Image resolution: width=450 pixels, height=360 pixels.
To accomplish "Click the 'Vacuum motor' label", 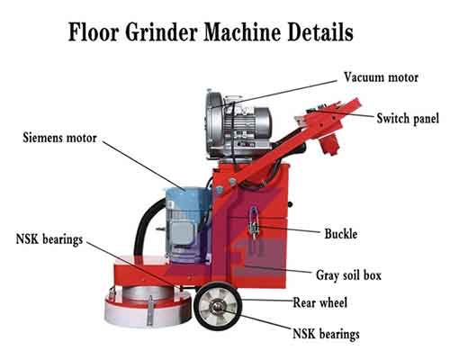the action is (381, 77).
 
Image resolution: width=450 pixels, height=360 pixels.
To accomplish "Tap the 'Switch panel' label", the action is (408, 118).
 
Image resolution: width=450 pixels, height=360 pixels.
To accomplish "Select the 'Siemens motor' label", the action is (59, 138).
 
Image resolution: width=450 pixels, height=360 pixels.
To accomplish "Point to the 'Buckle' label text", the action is (341, 234).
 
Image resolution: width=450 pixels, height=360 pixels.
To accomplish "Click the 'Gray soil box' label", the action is (348, 275).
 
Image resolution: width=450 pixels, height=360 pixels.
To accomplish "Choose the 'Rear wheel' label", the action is (320, 302).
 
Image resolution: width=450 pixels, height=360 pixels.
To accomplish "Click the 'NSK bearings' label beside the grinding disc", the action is (49, 239).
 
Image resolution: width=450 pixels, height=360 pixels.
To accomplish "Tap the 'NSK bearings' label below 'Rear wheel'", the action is (326, 334).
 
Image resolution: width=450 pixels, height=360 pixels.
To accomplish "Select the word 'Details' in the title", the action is (320, 31).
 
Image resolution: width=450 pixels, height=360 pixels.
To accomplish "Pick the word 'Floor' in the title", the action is (94, 31).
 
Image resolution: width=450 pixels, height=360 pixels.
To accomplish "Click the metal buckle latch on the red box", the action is (254, 223).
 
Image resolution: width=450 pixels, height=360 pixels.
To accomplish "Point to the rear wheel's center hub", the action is (218, 306).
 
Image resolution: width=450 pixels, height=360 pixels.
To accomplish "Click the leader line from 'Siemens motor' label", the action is (144, 166).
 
